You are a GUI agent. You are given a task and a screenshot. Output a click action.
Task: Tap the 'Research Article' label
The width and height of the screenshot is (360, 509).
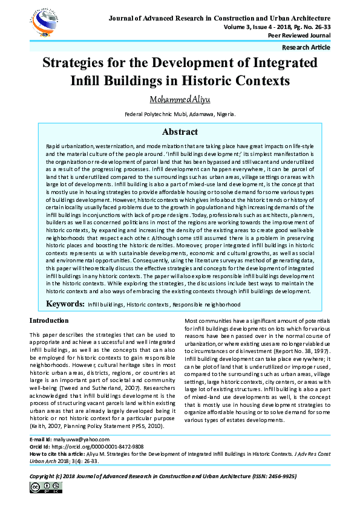[x=306, y=47]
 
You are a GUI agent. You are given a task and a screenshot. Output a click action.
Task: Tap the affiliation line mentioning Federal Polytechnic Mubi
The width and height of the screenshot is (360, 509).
[x=180, y=114]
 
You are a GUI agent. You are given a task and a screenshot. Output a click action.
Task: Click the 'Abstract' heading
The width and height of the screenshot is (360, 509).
[x=180, y=132]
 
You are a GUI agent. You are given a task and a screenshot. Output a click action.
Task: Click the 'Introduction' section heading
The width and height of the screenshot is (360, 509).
[x=49, y=320]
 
